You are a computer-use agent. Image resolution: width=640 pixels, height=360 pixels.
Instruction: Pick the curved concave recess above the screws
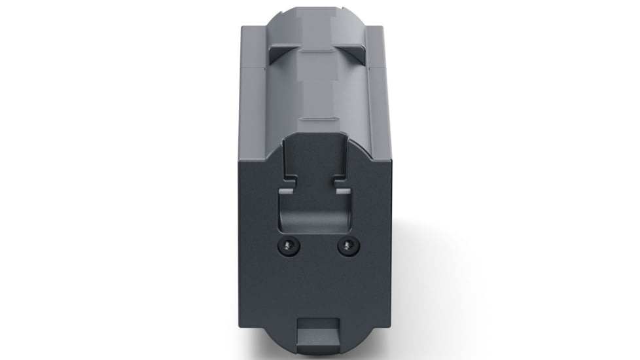click(313, 213)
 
